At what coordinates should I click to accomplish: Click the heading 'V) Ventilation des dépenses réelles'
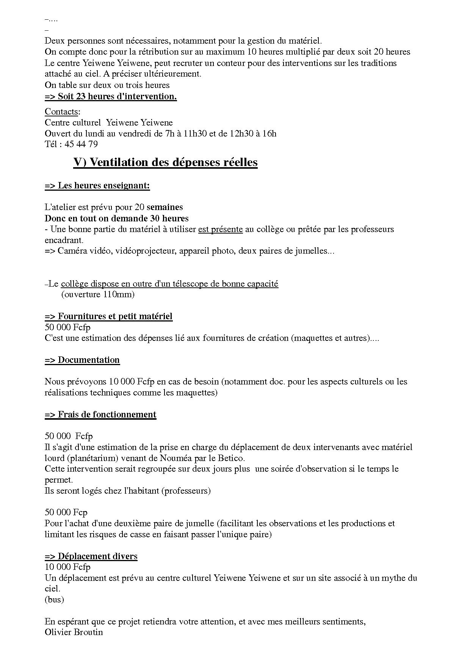click(165, 162)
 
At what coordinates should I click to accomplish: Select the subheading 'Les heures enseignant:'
click(103, 185)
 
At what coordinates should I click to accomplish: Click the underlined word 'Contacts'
click(61, 111)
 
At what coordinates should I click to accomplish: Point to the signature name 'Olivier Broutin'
click(74, 632)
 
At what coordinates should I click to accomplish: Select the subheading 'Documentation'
click(88, 360)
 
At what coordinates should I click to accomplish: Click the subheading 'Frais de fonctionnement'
click(107, 414)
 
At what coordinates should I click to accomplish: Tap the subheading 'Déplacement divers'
click(97, 556)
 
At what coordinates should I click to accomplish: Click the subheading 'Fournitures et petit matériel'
click(115, 316)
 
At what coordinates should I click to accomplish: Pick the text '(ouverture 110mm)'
click(98, 294)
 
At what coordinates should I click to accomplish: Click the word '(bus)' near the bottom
click(54, 599)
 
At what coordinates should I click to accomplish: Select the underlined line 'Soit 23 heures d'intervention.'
click(117, 96)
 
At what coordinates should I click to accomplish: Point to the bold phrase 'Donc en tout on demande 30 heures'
click(116, 218)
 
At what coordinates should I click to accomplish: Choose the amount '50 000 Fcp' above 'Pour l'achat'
click(66, 512)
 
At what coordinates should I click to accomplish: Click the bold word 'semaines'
click(164, 207)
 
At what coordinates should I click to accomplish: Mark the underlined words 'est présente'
click(220, 229)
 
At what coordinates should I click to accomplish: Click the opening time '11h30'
click(195, 133)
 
